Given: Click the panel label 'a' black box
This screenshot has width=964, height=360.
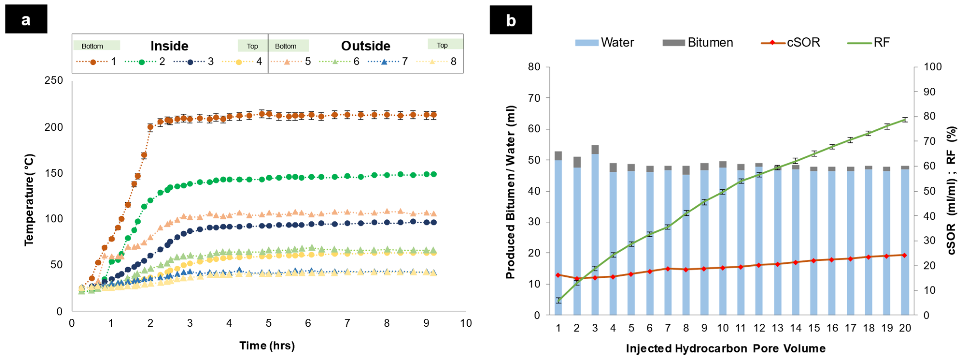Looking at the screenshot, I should [x=26, y=19].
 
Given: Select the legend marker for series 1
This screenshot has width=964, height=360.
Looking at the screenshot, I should [x=93, y=62].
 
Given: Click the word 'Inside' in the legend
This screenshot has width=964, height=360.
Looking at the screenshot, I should [x=169, y=46].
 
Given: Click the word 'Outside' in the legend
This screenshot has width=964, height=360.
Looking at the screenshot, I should [x=365, y=46].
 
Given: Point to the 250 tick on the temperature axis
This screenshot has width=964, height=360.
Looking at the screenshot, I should [x=54, y=80].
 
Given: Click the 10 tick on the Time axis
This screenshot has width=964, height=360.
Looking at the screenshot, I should [x=465, y=323].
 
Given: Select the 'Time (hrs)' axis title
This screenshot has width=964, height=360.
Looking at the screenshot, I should [x=267, y=346].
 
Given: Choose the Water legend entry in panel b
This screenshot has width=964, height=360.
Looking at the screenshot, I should [x=604, y=43].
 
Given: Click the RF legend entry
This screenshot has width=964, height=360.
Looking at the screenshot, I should [x=868, y=43].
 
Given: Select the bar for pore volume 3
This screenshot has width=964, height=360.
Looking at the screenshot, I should [x=595, y=232].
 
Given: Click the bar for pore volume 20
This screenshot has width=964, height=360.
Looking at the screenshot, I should [x=905, y=241].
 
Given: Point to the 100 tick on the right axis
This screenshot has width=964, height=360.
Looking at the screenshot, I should [x=932, y=67].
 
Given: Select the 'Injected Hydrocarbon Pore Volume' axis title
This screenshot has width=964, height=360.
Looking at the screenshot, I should [x=725, y=348].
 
